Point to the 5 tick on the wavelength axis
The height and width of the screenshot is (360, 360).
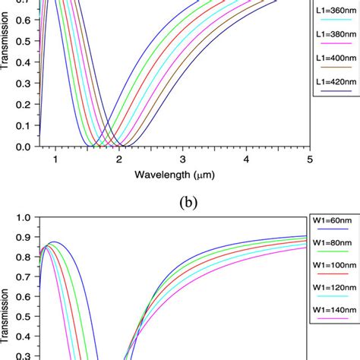(310, 159)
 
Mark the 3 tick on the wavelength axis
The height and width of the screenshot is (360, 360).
(182, 159)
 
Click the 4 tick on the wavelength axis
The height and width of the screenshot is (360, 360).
(246, 159)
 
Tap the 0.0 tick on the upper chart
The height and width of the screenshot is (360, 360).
(27, 147)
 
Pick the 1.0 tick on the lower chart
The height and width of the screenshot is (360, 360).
(27, 217)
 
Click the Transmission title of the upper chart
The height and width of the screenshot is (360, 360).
(7, 45)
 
